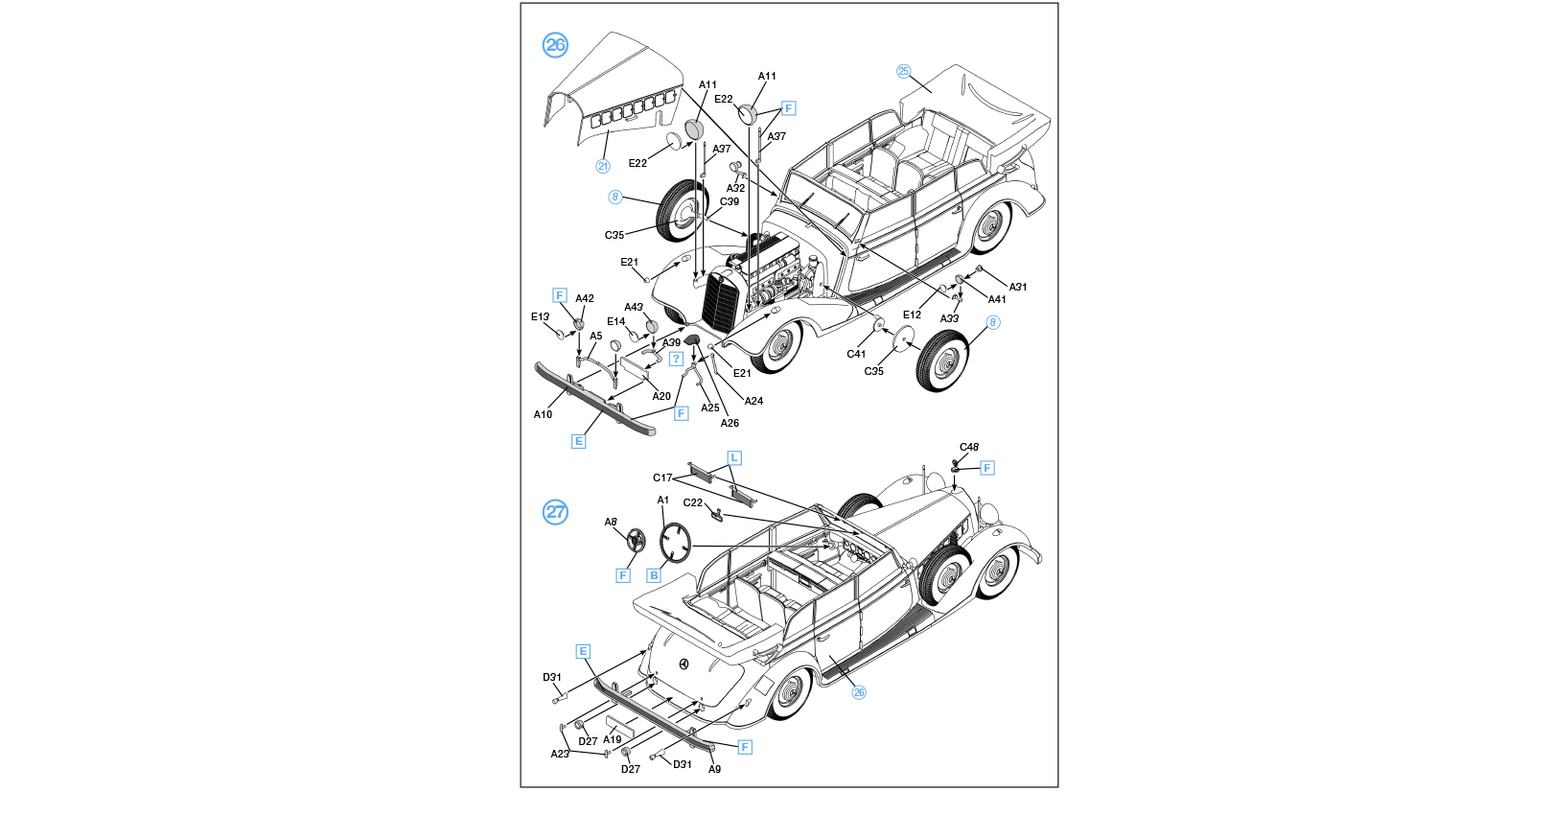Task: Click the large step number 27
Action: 555,511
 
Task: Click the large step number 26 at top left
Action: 555,45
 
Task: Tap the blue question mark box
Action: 676,359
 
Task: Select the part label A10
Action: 543,414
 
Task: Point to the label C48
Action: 969,447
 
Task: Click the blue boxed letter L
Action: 734,457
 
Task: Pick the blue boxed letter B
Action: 654,575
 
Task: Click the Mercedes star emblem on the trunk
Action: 684,664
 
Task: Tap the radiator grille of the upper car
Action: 720,301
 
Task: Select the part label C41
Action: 856,354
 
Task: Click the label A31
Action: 1018,287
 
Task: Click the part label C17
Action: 662,478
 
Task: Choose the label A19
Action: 613,739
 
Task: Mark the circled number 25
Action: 903,71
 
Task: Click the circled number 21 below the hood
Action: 603,166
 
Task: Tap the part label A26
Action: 730,423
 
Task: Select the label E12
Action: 912,315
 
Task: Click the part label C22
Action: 693,502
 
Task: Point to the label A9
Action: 714,769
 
